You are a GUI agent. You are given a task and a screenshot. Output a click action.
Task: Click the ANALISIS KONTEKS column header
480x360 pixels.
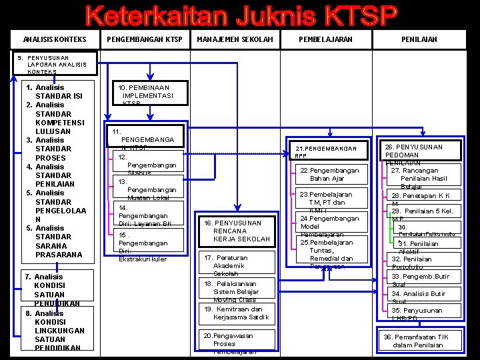click(55, 39)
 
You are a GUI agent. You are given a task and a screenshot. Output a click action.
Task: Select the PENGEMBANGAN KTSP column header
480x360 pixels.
click(145, 39)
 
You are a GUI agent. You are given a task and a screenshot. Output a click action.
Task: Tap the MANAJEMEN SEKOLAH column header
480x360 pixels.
click(235, 39)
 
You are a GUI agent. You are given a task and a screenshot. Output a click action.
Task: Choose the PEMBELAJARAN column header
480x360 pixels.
click(325, 39)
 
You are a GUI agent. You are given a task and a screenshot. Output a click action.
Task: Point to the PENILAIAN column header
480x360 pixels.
click(419, 39)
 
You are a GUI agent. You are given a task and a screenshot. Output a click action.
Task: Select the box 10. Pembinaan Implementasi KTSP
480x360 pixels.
click(145, 95)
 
